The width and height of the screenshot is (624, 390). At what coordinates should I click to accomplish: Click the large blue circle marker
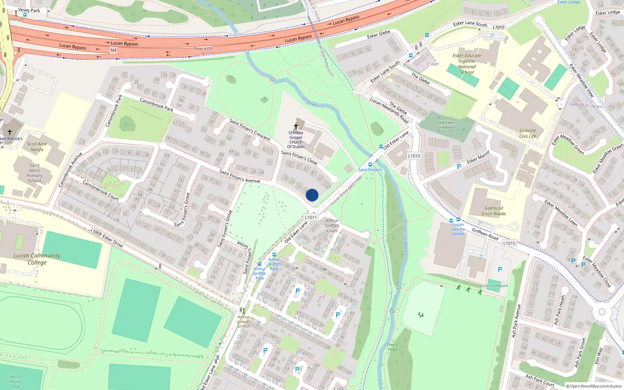coord(312,195)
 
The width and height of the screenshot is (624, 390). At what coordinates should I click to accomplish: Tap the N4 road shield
coord(113,50)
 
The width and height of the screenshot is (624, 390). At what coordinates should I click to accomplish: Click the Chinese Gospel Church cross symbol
coord(296,126)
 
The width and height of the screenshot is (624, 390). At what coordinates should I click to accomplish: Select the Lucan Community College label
coord(37,259)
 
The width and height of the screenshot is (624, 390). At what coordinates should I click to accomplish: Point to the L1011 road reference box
coord(311,217)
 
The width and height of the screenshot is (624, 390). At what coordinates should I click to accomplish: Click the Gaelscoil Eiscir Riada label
coord(494,211)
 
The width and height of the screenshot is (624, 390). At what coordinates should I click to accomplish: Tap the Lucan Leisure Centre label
coord(458,229)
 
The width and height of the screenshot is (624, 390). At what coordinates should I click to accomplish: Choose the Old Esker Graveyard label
coord(446,125)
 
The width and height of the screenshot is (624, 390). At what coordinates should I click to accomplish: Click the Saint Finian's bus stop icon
coord(370,165)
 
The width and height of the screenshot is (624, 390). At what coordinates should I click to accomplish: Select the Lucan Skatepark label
coord(494,285)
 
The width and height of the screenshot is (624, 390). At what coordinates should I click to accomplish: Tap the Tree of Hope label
coord(393,347)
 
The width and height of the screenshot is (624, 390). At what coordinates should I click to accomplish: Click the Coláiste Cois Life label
coord(528,133)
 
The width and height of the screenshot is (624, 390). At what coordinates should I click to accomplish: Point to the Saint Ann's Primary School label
coord(35,173)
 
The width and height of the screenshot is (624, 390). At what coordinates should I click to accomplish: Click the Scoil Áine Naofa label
coord(37,147)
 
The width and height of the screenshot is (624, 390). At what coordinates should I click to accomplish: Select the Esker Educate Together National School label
coord(467,64)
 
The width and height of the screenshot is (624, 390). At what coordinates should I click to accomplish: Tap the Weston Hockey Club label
coord(16,381)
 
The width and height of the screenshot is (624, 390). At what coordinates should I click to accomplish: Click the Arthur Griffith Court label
coord(332,225)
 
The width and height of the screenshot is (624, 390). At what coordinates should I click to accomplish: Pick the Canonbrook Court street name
coord(101,190)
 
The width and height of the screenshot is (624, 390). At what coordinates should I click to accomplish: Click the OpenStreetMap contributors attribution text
coord(594,386)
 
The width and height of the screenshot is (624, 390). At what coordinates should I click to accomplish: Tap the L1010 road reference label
coord(498,27)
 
